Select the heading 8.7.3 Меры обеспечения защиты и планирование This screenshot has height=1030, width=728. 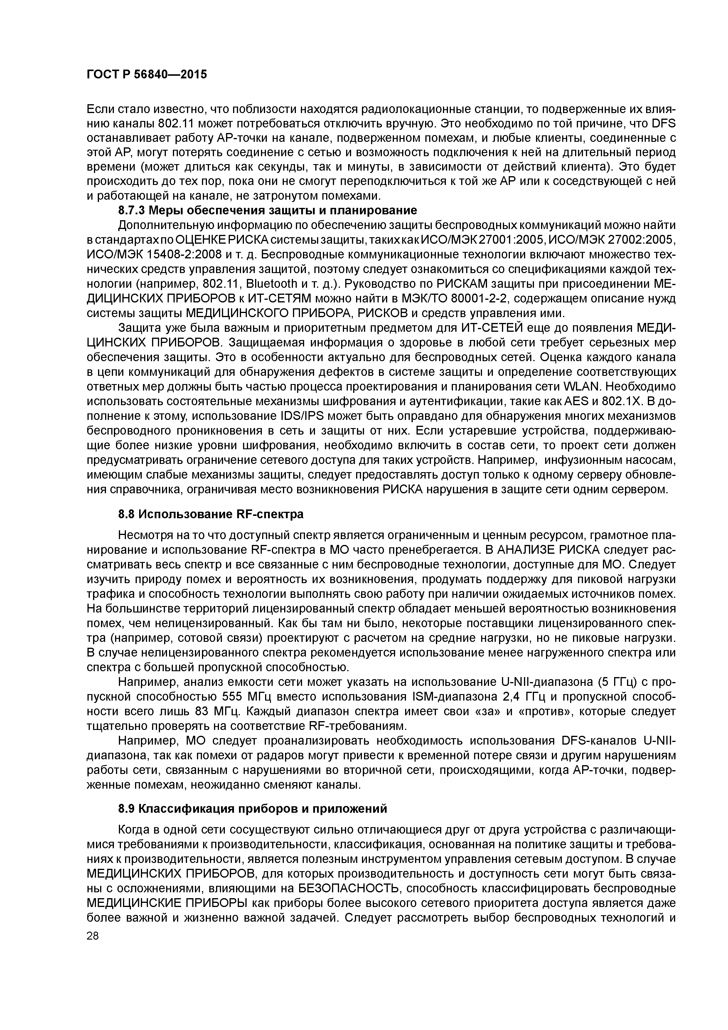[267, 211]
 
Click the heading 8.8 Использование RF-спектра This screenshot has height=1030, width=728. [210, 514]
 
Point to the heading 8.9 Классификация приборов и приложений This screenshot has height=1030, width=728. [252, 809]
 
